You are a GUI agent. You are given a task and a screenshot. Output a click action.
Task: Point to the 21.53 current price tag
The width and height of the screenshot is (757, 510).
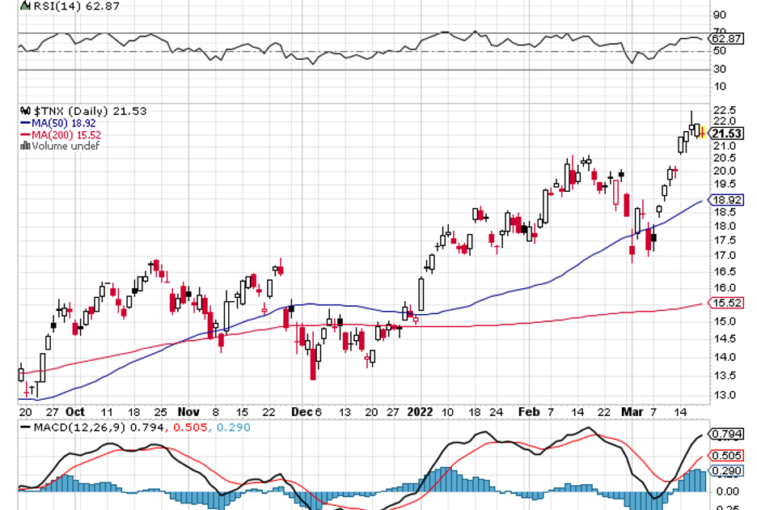(726, 133)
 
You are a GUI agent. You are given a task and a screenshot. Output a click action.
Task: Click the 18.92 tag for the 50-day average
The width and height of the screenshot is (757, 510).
(726, 200)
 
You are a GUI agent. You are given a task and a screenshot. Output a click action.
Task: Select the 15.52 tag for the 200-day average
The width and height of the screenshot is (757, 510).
(726, 303)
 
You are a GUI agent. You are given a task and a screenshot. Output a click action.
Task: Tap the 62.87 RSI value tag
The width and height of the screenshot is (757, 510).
(726, 38)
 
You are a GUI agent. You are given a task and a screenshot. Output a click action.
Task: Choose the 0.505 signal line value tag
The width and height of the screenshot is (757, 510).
(726, 456)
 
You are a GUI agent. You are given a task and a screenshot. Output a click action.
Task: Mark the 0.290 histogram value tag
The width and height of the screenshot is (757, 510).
(726, 471)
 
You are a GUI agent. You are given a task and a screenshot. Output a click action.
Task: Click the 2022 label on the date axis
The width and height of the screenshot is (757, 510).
(421, 410)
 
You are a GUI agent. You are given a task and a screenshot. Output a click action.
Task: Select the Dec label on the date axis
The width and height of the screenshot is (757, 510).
(300, 410)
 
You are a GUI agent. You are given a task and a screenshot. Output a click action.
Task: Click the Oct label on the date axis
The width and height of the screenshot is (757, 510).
(76, 410)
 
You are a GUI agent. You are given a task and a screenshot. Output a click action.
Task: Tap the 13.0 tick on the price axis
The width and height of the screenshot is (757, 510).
(723, 395)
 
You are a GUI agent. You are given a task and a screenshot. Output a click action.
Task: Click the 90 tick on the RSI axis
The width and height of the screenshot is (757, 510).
(718, 15)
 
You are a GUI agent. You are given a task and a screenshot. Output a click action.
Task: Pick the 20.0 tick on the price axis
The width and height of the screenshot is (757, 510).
(723, 171)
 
